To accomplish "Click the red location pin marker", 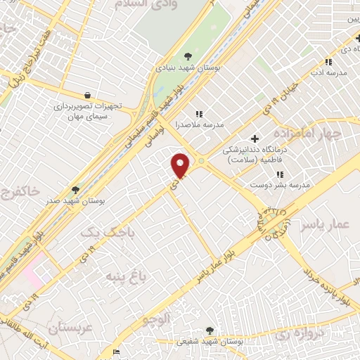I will tap(181, 165).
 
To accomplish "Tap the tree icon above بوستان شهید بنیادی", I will tap(187, 56).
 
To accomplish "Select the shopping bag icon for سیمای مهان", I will tap(87, 94).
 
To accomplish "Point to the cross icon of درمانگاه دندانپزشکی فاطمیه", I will tap(255, 138).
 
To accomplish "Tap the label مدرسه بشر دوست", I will tap(279, 185).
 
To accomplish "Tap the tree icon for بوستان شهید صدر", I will tap(75, 189).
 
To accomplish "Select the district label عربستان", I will tap(70, 328).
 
